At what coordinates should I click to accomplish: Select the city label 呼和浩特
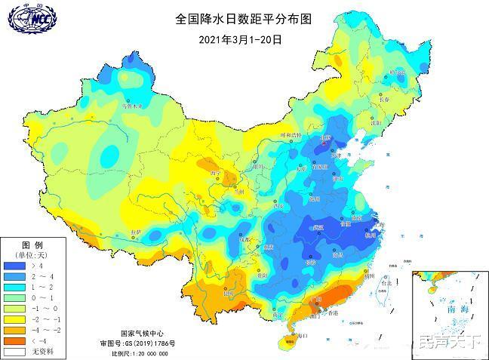[x=291, y=135]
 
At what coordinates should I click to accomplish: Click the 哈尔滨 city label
[x=396, y=72]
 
